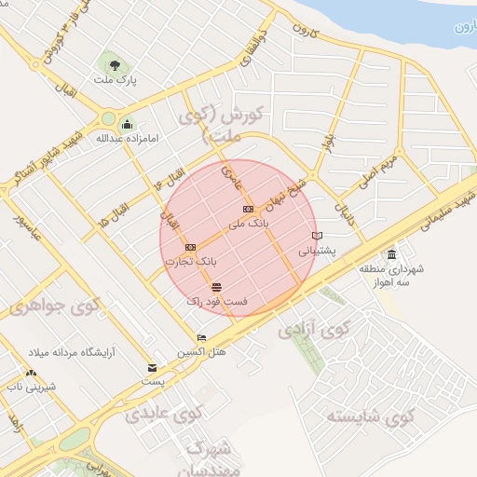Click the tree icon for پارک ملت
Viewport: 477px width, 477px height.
tap(114, 66)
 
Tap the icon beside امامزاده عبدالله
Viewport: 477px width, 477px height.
tap(127, 125)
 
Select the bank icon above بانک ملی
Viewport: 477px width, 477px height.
tap(248, 210)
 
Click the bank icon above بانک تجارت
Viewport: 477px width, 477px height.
tap(191, 247)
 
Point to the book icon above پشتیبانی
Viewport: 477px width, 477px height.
tap(318, 236)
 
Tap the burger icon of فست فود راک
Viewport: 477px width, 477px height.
tap(217, 286)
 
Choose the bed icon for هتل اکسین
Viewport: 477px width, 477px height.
tap(201, 337)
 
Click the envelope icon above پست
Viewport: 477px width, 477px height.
tap(152, 368)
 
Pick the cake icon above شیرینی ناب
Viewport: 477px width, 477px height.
tap(32, 373)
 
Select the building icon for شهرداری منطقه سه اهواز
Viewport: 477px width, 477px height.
tap(391, 254)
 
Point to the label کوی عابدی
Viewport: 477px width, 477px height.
tap(165, 413)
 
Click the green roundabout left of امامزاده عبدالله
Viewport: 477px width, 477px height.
tap(109, 118)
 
